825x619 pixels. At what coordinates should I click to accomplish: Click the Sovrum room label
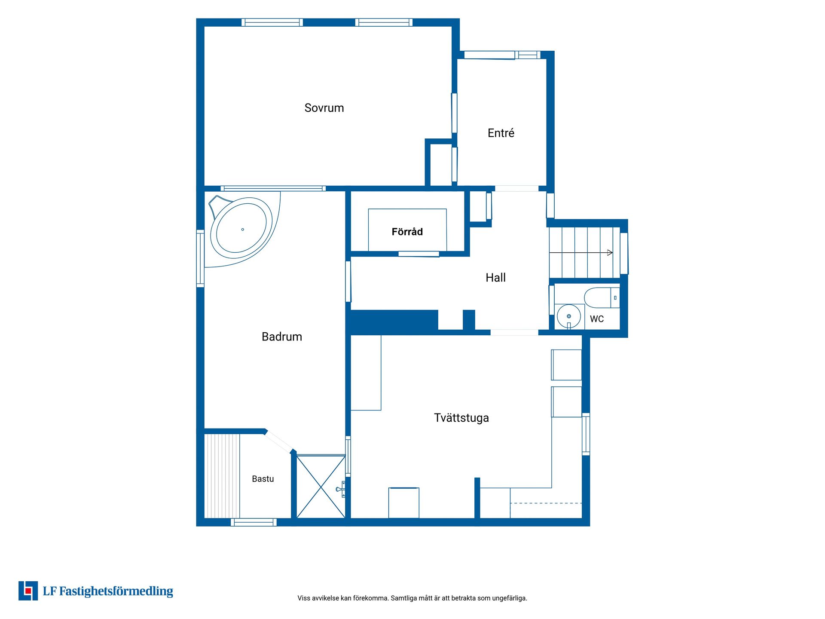click(324, 108)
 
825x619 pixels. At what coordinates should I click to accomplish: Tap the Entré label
click(501, 133)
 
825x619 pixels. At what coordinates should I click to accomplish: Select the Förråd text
click(407, 232)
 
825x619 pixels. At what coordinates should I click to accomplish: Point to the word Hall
click(495, 278)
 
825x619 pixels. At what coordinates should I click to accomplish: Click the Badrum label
click(282, 337)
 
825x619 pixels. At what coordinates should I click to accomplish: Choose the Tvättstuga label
click(461, 418)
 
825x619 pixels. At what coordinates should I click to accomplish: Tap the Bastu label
click(263, 479)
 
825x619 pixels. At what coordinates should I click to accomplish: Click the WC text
click(596, 319)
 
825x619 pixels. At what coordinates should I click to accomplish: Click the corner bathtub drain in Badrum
click(243, 230)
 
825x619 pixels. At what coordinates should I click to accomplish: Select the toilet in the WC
click(602, 297)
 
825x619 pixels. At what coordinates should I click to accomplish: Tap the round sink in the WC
click(568, 316)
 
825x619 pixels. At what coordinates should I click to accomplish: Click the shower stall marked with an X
click(321, 487)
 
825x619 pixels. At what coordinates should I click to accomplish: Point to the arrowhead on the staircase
click(610, 253)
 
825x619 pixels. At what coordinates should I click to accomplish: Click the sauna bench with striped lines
click(222, 476)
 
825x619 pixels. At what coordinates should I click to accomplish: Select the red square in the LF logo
click(28, 591)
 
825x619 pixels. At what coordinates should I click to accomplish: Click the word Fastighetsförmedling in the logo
click(116, 591)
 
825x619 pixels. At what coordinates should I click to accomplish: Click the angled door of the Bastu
click(279, 441)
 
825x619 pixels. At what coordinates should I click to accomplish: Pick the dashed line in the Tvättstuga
click(546, 503)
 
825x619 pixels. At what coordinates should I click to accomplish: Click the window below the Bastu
click(254, 522)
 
